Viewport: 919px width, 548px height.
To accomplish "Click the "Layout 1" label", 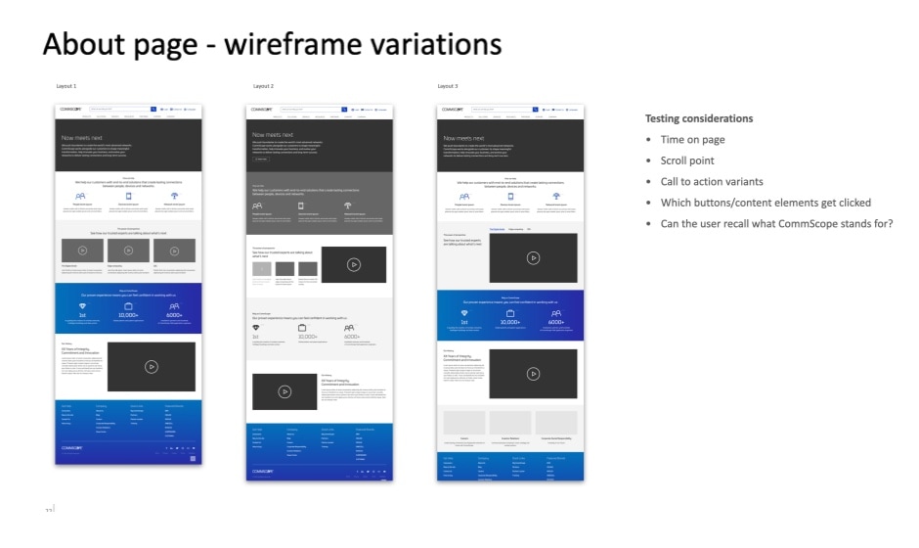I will point(66,86).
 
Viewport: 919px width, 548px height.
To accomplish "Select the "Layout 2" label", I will point(263,86).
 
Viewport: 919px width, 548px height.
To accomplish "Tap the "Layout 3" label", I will point(448,86).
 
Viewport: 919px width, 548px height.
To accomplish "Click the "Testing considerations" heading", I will point(698,118).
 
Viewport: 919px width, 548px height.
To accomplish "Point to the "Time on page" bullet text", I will point(691,140).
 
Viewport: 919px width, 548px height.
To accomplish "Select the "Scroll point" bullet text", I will point(687,160).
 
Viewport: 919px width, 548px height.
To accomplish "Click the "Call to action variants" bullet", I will point(711,182).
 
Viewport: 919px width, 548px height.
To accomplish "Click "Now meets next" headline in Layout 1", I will point(82,139).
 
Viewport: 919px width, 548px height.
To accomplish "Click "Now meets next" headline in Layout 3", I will point(464,139).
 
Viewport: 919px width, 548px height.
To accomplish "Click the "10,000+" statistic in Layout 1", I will point(128,315).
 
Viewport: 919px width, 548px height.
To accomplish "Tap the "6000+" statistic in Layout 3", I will point(556,322).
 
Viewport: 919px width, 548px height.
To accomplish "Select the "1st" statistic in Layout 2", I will point(255,336).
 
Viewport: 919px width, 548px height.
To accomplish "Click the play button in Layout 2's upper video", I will point(353,263).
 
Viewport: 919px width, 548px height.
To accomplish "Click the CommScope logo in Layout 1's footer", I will point(71,448).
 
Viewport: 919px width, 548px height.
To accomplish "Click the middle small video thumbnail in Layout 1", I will point(128,251).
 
